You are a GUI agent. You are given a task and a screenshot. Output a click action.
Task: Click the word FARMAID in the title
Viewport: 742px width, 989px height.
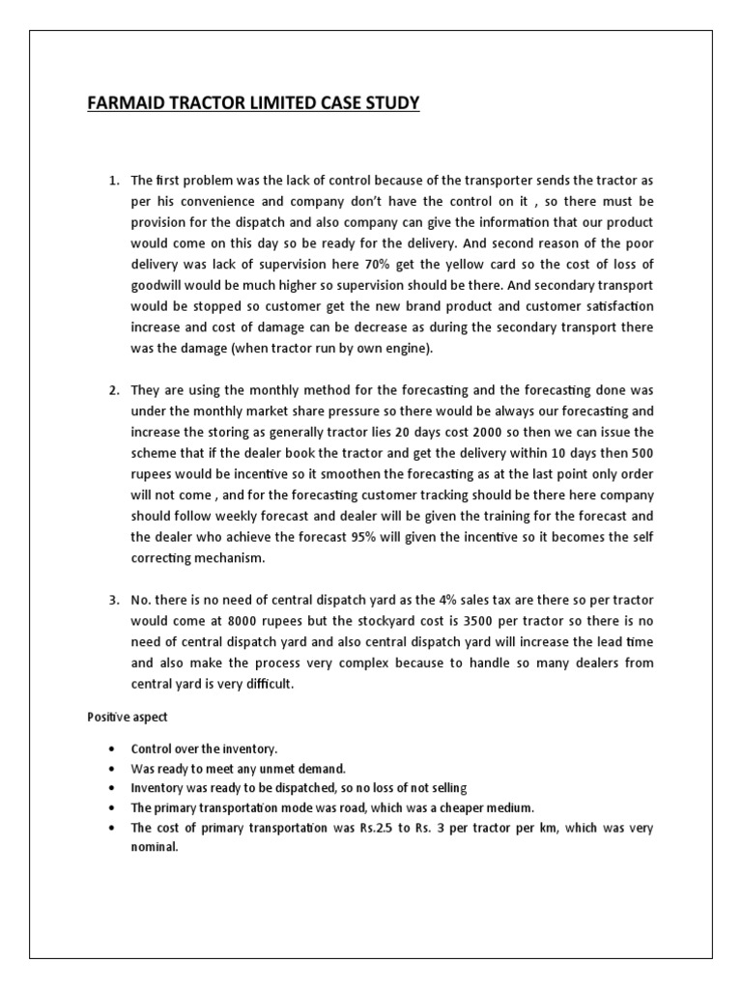122,102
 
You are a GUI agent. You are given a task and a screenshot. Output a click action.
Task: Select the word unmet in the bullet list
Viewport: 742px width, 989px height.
264,769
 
